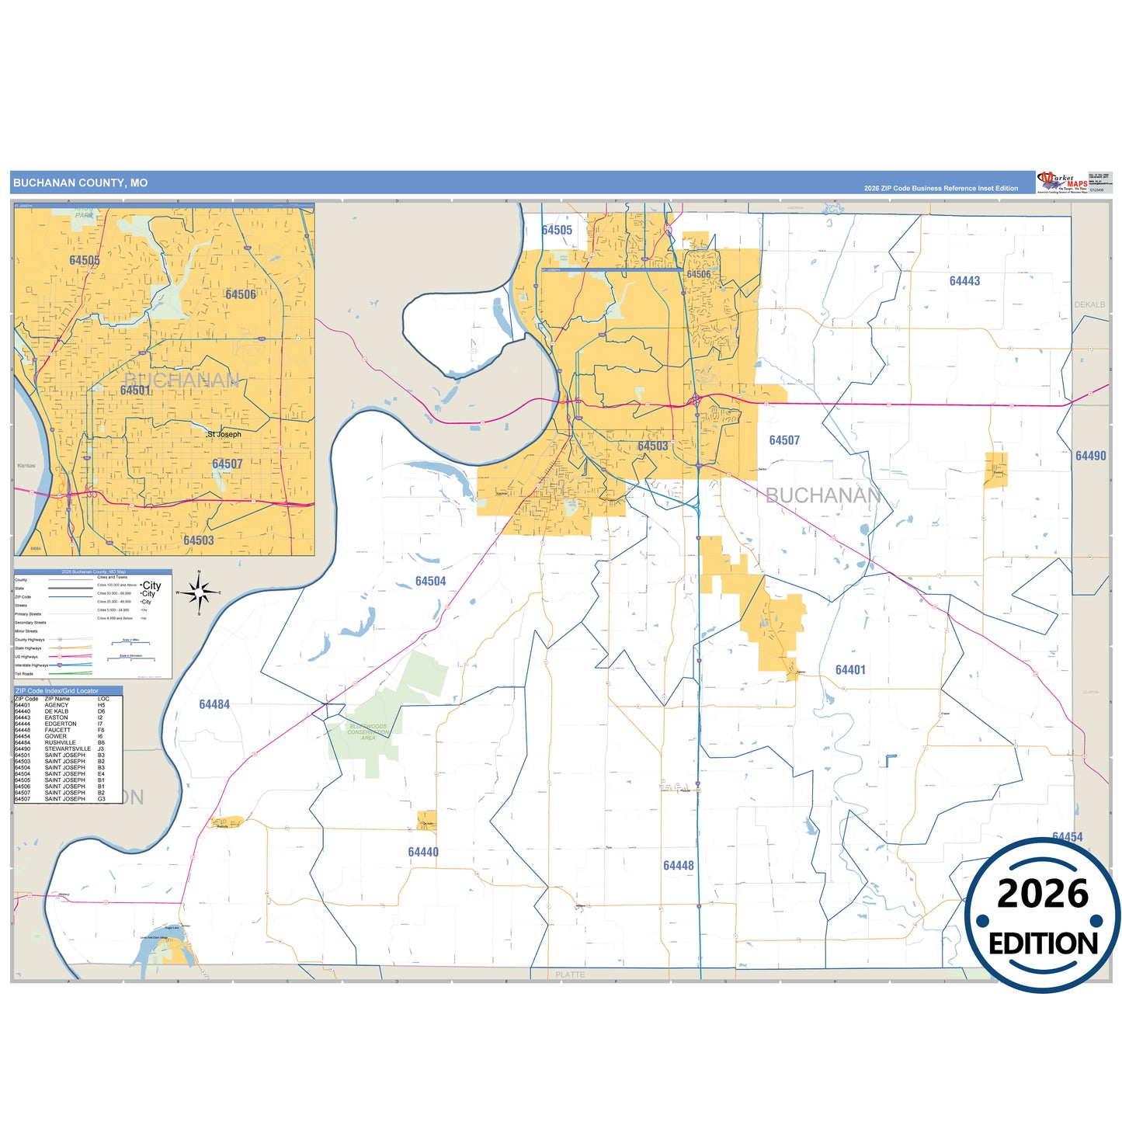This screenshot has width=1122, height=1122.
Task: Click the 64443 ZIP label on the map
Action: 964,281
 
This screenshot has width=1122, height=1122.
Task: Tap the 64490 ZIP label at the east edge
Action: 1090,456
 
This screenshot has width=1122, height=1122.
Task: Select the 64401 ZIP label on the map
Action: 850,669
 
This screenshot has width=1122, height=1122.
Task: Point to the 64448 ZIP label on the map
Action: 678,865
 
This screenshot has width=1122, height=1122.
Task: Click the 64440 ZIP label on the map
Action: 423,852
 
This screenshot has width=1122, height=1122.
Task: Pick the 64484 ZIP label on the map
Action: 214,704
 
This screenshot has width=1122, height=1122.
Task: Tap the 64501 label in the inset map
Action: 135,390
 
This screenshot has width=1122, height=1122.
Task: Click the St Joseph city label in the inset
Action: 224,434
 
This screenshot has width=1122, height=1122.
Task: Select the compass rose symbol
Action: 200,593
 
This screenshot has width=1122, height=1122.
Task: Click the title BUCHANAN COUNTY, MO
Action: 80,183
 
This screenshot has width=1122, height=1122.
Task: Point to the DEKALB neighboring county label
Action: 1089,304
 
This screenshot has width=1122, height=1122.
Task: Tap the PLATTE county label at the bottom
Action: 570,974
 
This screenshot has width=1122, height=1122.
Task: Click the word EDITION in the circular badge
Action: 1043,943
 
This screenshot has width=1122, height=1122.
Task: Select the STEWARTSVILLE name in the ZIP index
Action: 68,749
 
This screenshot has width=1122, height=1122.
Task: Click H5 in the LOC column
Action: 101,705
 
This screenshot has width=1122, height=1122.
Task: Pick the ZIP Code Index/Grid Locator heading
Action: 57,690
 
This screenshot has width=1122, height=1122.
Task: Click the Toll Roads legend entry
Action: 24,674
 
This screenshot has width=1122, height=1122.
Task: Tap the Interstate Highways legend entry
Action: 31,665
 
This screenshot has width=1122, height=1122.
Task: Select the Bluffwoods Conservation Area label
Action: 368,732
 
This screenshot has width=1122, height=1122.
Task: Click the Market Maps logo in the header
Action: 1061,182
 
